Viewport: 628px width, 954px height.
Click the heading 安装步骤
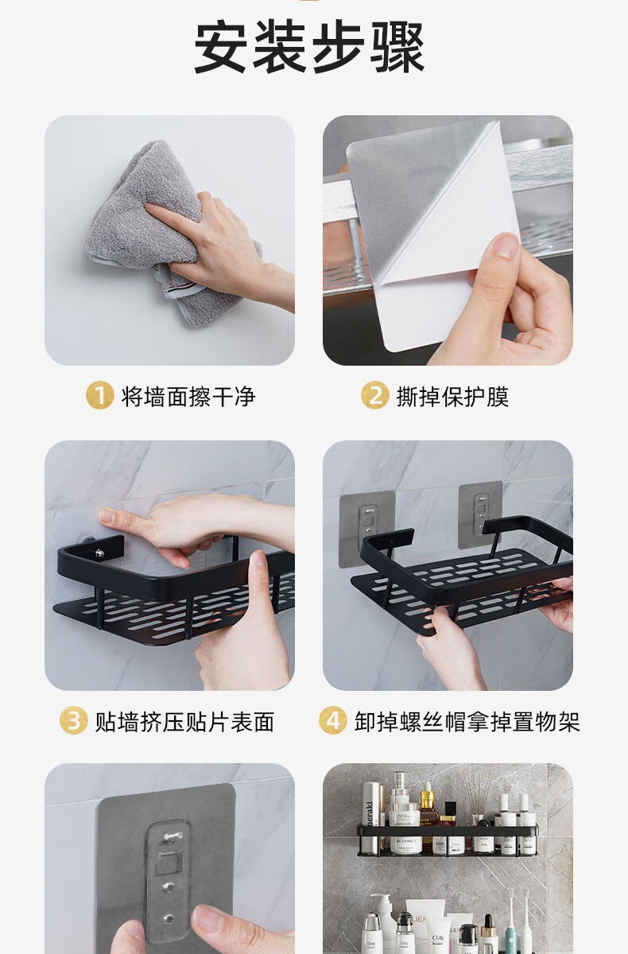309,47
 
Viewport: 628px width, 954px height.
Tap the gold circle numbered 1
99,395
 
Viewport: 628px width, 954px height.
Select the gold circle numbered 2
374,395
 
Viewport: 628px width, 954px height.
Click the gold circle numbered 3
74,720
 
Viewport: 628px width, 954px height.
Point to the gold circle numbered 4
332,720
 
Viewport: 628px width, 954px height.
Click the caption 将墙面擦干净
188,396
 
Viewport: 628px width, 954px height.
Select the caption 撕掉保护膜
452,396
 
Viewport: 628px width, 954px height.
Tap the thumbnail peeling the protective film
448,240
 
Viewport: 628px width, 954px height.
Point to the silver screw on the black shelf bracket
99,553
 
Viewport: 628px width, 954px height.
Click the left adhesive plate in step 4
366,529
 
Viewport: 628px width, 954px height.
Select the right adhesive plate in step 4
480,514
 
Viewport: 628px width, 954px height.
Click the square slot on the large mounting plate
170,863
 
